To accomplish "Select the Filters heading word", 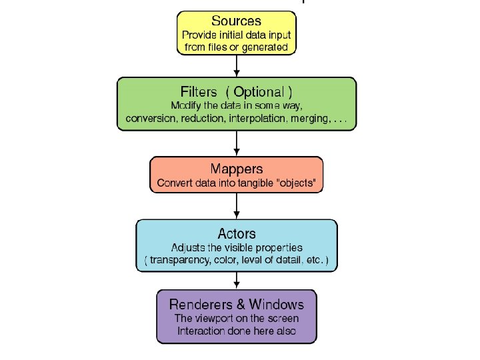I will click(x=199, y=91).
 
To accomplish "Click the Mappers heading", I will click(x=237, y=169).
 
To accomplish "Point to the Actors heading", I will click(x=237, y=233).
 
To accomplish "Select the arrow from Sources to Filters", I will click(x=237, y=66).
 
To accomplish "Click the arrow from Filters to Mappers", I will click(x=237, y=143).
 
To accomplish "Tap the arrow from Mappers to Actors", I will click(x=237, y=206).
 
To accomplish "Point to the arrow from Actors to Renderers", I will click(x=237, y=280).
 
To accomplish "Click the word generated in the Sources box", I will click(x=266, y=47).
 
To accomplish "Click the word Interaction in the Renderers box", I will click(x=201, y=331).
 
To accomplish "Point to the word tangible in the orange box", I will click(x=250, y=183).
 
